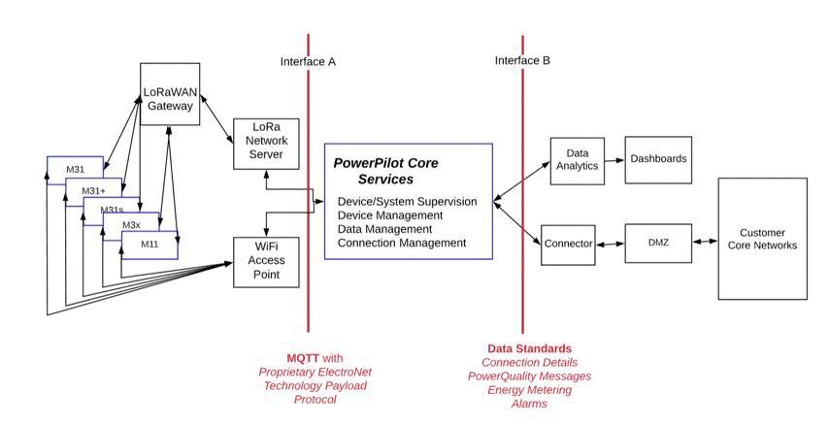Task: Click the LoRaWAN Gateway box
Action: point(170,94)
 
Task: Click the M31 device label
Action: point(77,170)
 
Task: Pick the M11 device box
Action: point(149,244)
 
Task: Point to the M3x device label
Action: point(132,225)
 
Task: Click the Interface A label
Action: point(308,61)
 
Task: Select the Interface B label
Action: point(522,60)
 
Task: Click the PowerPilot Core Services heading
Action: point(386,171)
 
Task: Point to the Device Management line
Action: point(390,215)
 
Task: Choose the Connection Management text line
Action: point(402,243)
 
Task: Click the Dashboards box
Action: point(658,159)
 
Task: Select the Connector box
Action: point(568,244)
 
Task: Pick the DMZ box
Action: point(658,244)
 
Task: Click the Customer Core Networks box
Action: point(762,239)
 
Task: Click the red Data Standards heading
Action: point(529,348)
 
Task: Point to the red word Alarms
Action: point(529,404)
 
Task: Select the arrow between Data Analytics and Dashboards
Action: point(613,160)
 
